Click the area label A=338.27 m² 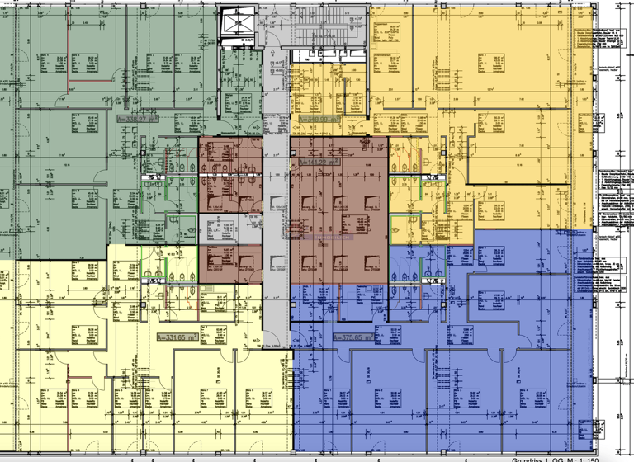[137, 119]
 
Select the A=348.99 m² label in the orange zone [319, 120]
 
